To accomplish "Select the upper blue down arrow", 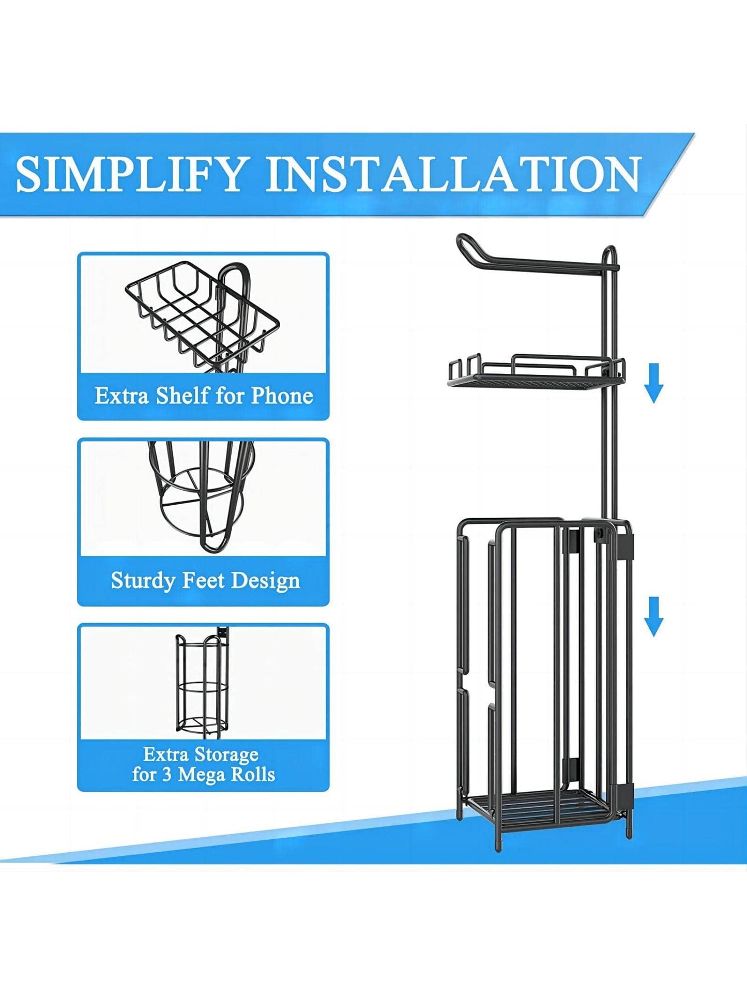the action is click(654, 383).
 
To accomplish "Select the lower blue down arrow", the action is click(654, 616).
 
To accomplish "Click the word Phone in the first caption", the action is click(282, 396).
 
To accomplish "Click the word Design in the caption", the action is click(266, 581).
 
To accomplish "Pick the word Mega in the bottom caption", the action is click(201, 774).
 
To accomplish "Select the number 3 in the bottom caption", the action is click(166, 774).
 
